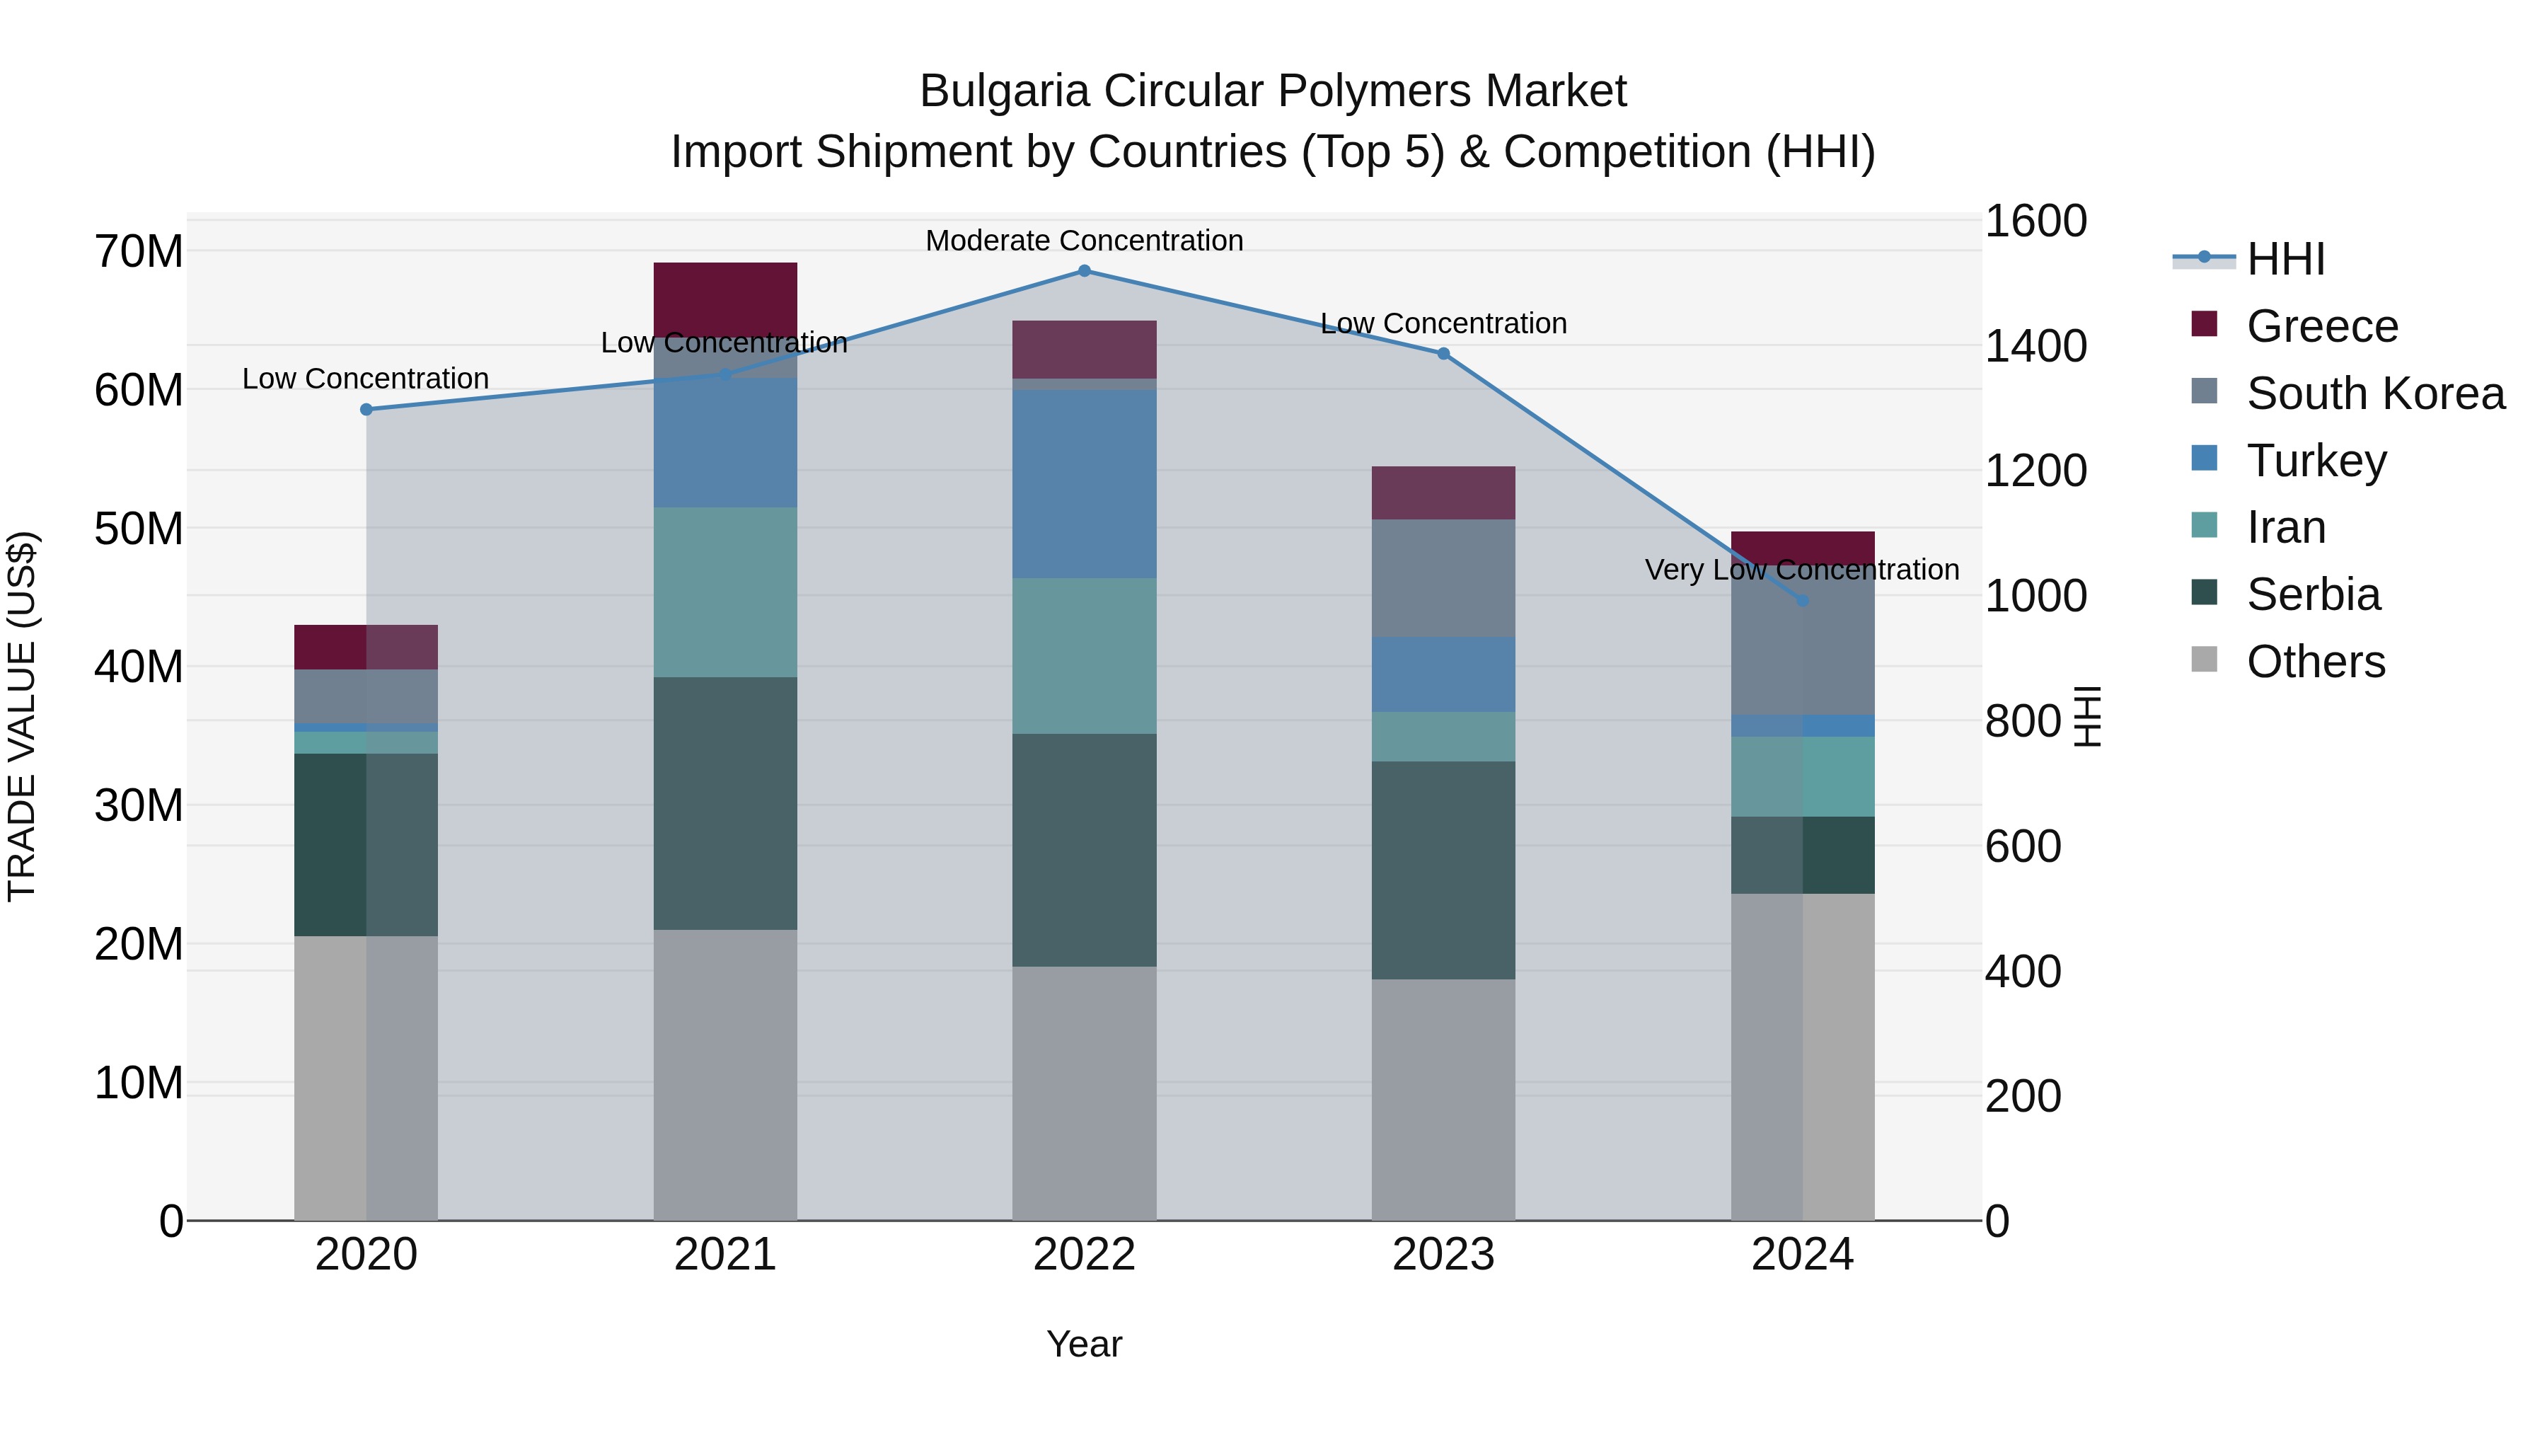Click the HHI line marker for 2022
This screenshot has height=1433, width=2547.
tap(1084, 271)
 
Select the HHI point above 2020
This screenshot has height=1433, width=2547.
tap(366, 410)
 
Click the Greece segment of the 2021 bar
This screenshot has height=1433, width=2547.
tap(724, 297)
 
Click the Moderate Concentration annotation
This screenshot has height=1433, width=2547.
tap(1084, 241)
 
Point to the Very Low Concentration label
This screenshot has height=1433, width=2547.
tap(1801, 570)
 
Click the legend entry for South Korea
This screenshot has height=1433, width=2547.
tap(2375, 393)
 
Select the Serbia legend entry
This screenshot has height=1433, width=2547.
tap(2313, 594)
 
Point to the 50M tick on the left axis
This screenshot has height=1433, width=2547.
tap(139, 529)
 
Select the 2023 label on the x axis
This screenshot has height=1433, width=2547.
tap(1443, 1255)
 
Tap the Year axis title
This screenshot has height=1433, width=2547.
tap(1084, 1344)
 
